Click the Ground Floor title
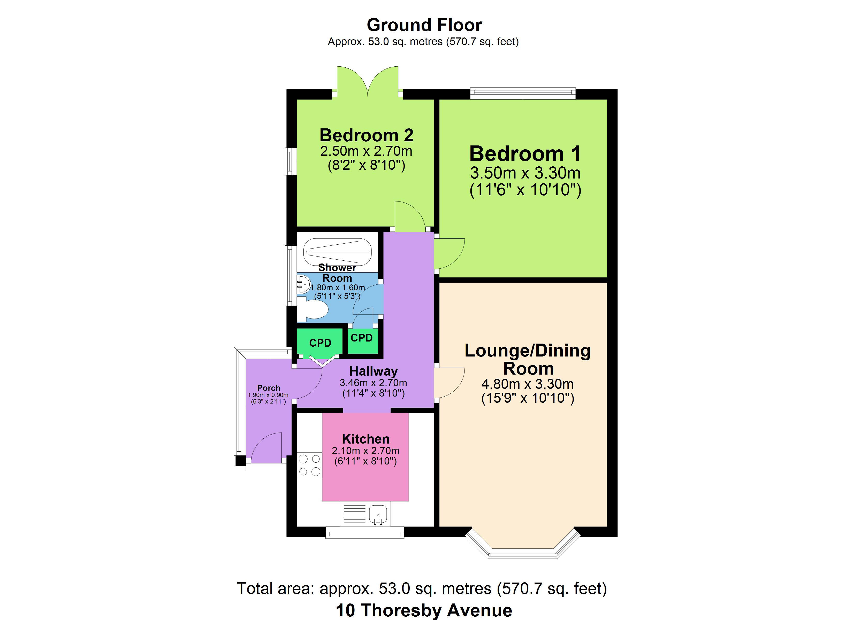[x=424, y=25]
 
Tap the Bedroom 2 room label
[x=366, y=135]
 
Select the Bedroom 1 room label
[x=525, y=153]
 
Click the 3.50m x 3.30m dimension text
[x=525, y=173]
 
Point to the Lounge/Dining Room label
[x=528, y=359]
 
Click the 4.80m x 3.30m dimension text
[x=527, y=384]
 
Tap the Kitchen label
[x=365, y=439]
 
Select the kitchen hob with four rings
[x=309, y=466]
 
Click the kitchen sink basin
[x=378, y=514]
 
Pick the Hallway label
[x=374, y=371]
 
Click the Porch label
[x=269, y=388]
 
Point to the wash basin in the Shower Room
[x=303, y=285]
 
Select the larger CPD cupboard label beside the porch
[x=320, y=343]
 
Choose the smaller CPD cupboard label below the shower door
[x=361, y=338]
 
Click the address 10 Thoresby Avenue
[x=424, y=610]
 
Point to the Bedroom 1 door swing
[x=450, y=254]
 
